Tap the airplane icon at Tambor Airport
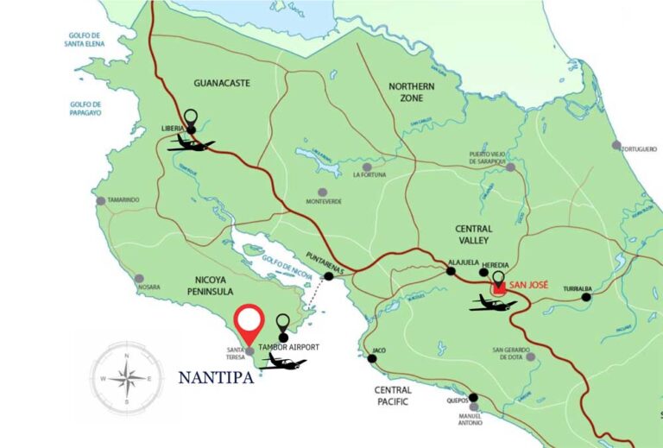coord(282,362)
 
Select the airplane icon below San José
coord(493,303)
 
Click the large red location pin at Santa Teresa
coord(249,324)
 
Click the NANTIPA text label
coord(216,378)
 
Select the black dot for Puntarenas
coord(328,276)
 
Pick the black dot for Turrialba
coord(586,297)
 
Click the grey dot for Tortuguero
coord(616,145)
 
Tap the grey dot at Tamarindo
coord(101,201)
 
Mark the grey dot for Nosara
coord(140,278)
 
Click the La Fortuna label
coord(369,176)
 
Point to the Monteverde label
coord(324,202)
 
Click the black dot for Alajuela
coord(450,271)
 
